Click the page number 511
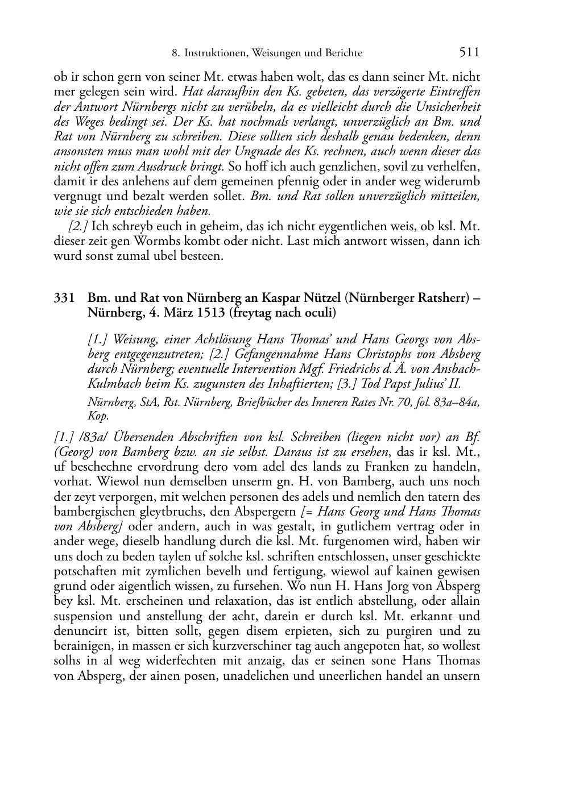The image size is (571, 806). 469,52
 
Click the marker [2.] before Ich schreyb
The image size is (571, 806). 78,226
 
